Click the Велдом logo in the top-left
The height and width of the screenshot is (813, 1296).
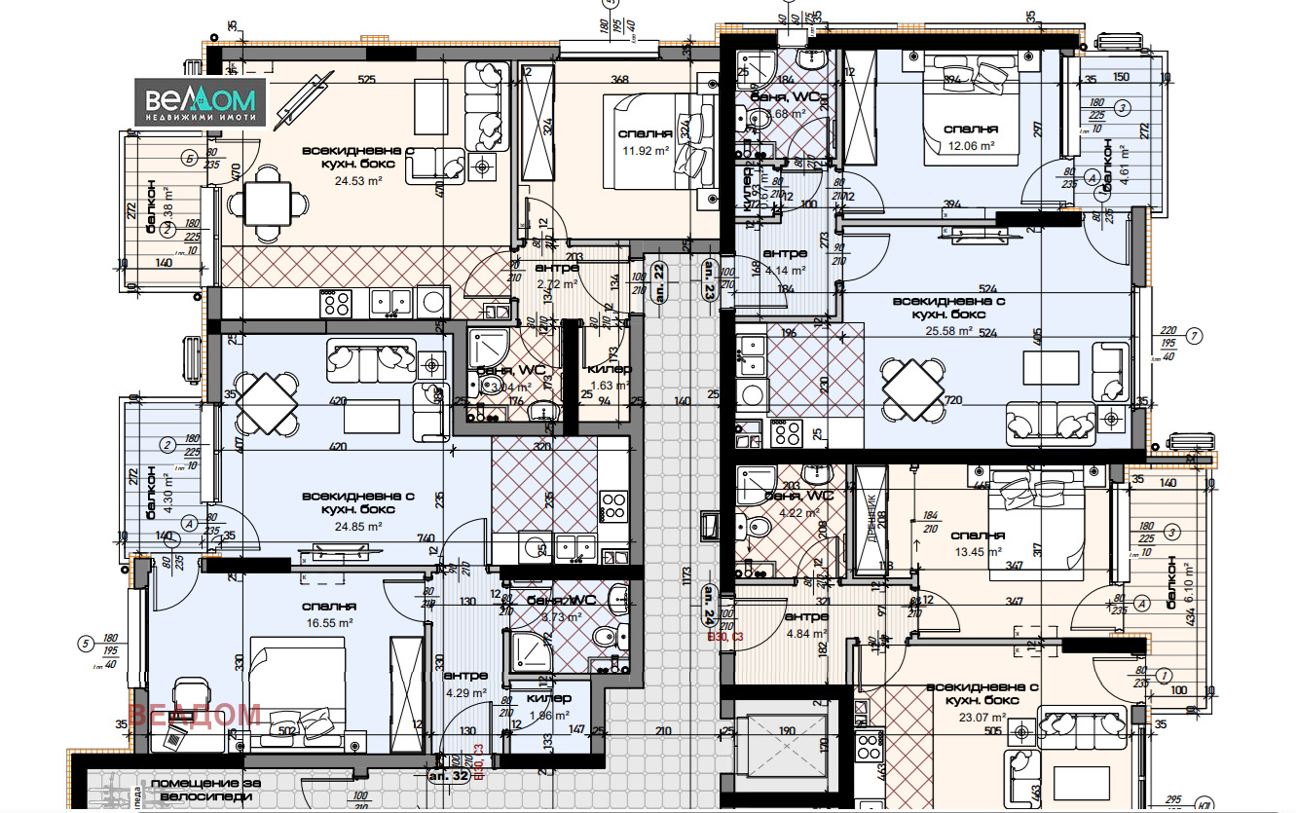click(200, 102)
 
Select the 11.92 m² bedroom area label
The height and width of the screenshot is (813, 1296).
click(645, 151)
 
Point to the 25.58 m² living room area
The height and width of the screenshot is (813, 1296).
click(948, 330)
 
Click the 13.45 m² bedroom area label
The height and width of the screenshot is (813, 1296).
click(978, 551)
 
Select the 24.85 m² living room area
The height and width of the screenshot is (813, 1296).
click(356, 526)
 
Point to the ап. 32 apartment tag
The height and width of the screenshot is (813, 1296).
click(449, 777)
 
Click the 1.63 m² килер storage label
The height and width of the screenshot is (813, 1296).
click(610, 385)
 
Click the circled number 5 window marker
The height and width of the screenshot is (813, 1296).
click(86, 642)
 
